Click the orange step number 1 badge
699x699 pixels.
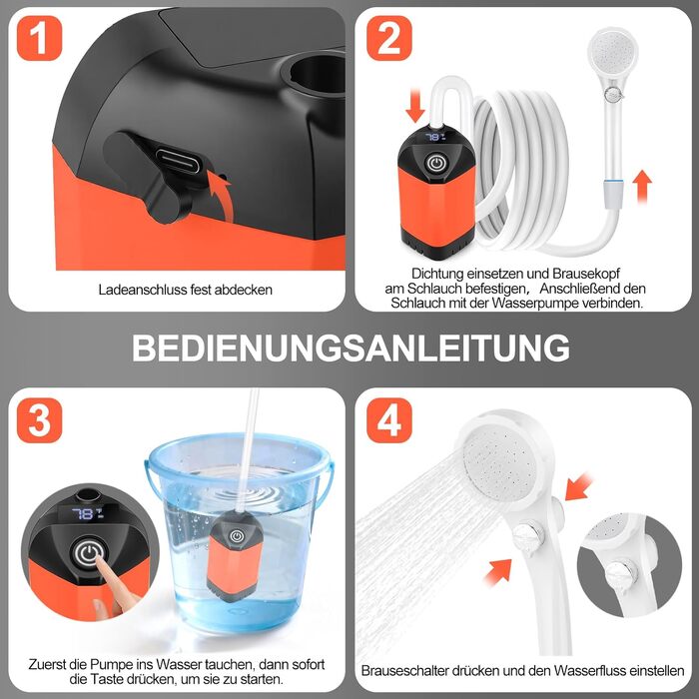point(39,38)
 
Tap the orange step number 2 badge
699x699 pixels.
point(389,38)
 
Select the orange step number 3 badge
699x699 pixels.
point(39,420)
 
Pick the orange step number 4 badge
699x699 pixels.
point(389,420)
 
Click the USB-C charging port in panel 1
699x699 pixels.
point(179,161)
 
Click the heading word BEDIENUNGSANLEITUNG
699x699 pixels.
point(350,348)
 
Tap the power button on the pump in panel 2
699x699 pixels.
point(437,163)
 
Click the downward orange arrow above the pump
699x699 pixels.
point(415,105)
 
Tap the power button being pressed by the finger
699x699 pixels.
point(89,554)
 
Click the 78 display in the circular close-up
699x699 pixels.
point(88,514)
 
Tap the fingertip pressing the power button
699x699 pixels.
point(100,562)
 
